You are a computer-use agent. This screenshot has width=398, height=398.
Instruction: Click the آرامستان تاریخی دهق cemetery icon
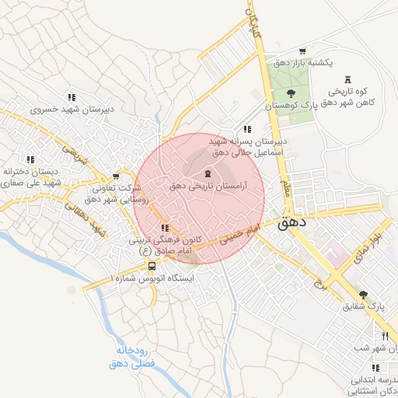[x=208, y=174]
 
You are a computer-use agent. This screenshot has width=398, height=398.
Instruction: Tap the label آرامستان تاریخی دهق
[x=208, y=187]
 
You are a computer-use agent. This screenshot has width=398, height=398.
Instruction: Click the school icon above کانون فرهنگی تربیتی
[x=165, y=228]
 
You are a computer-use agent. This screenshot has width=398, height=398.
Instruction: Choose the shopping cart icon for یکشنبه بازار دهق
[x=302, y=50]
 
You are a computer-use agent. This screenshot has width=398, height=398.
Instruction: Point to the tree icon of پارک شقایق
[x=362, y=295]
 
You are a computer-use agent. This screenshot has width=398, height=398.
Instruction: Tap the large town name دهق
[x=292, y=222]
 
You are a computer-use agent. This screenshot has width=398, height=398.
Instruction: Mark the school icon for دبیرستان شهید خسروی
[x=72, y=98]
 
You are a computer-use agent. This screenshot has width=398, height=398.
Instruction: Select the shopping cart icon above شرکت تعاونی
[x=117, y=176]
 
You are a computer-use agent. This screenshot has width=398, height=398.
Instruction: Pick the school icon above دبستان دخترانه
[x=30, y=159]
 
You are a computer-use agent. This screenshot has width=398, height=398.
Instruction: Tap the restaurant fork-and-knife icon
[x=385, y=336]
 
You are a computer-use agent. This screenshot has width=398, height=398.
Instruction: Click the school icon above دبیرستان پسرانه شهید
[x=247, y=130]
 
